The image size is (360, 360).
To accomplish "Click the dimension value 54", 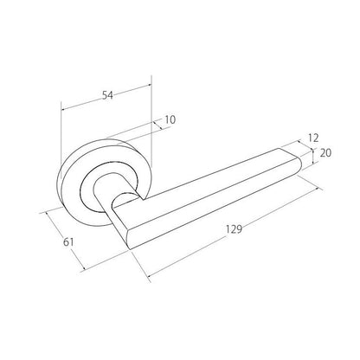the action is point(107,95).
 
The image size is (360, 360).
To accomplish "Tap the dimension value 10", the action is point(170,119).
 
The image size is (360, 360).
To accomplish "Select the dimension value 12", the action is point(313,138).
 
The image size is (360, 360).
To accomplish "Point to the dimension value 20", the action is point(325,153).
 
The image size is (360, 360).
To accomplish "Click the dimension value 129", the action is point(234,229).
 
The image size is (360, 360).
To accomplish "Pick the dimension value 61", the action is point(68,242).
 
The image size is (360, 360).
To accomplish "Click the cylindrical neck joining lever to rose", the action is point(124,199).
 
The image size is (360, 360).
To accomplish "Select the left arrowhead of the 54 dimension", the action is point(63,109).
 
